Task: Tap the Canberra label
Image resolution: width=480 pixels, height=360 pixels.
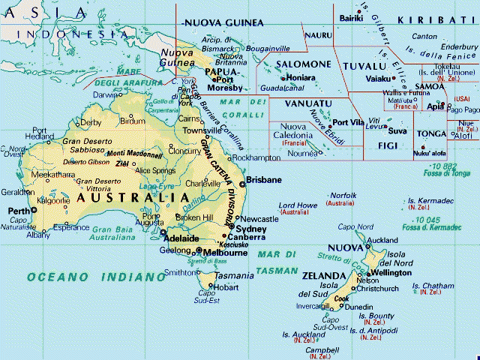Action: tap(250, 237)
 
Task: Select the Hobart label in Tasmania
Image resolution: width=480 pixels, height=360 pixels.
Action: tap(226, 286)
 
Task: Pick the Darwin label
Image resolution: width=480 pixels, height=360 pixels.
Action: tap(106, 95)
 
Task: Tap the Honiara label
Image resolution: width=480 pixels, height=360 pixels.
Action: tap(300, 77)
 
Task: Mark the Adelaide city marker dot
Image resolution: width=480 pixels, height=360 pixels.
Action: tap(163, 232)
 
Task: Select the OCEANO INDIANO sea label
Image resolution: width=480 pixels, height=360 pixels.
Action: tap(85, 277)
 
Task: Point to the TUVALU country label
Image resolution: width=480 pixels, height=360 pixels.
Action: tap(364, 65)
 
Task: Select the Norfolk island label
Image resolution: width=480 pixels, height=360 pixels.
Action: tap(343, 195)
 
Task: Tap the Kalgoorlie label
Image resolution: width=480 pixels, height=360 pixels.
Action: tap(53, 202)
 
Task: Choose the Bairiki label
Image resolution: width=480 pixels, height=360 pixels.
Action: tap(350, 17)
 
